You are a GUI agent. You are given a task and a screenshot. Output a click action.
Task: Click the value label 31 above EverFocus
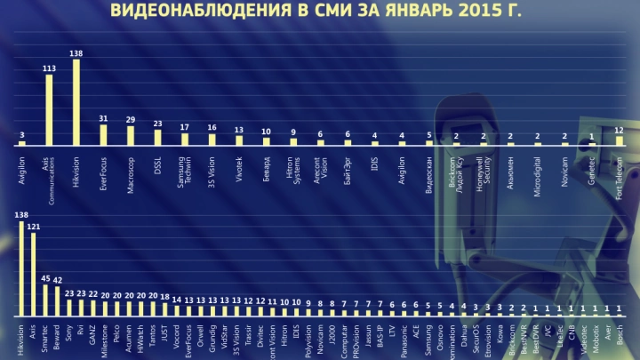(x=103, y=118)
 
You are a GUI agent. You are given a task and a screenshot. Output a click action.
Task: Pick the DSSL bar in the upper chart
(x=158, y=137)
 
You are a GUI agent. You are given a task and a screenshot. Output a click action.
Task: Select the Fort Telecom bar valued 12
(x=620, y=140)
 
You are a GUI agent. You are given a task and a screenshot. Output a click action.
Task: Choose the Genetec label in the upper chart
(x=592, y=162)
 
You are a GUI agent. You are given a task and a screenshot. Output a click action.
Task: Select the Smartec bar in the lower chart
(x=45, y=300)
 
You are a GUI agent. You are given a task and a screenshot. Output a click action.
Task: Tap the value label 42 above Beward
(x=57, y=280)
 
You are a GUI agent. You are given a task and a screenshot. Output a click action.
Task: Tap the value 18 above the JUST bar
(x=164, y=296)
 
